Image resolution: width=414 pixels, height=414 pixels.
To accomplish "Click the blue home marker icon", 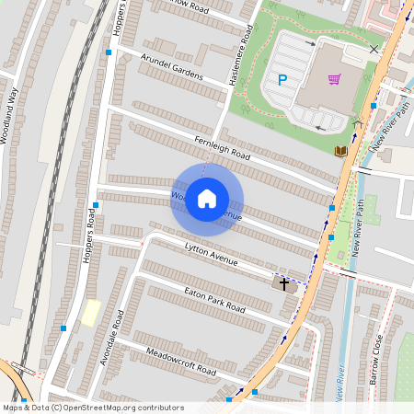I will (207, 198).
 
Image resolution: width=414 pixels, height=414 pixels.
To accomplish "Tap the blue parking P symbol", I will (282, 80).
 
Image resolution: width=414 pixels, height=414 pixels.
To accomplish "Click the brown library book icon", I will (340, 150).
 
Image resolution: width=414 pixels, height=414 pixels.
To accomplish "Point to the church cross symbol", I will (284, 284).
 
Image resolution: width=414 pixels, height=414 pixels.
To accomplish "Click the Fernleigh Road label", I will (222, 146).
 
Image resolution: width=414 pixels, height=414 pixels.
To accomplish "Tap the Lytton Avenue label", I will (211, 255).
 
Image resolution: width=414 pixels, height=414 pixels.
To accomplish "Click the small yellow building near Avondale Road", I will (90, 312).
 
